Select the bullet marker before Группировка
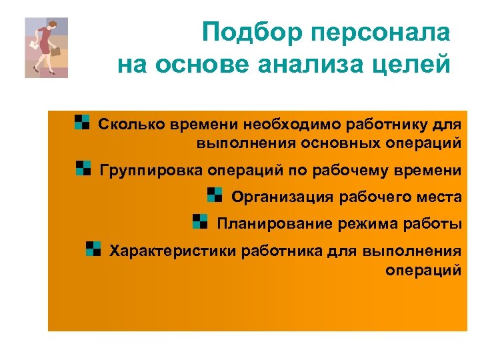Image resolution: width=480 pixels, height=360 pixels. [83, 167]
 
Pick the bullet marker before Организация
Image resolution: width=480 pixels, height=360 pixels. [215, 194]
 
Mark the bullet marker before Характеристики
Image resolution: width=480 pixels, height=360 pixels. [93, 249]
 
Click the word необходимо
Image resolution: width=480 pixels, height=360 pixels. [283, 125]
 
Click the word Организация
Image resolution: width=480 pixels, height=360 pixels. [283, 197]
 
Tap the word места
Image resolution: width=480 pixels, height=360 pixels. [439, 197]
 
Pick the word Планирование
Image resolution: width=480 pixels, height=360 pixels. [269, 223]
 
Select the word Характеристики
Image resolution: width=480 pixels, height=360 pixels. [173, 251]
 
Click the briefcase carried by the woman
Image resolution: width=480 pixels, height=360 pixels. [56, 51]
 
